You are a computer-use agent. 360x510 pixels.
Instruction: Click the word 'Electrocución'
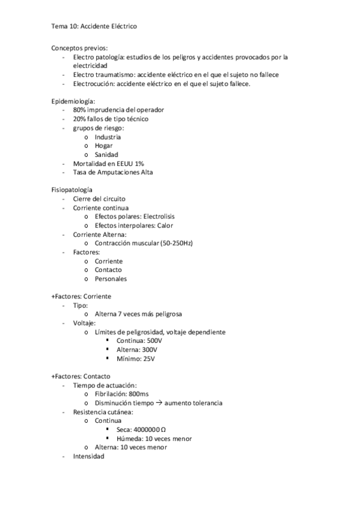[x=93, y=84]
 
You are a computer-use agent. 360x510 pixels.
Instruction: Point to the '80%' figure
[x=79, y=110]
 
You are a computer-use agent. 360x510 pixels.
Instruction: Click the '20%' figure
[x=79, y=119]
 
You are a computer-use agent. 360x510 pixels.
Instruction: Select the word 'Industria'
[x=108, y=137]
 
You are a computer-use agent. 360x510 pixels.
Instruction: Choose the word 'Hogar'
[x=104, y=146]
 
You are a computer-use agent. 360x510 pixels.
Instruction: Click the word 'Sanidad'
[x=106, y=155]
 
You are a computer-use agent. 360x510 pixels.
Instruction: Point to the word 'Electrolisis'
[x=156, y=217]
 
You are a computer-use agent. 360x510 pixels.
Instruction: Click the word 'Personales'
[x=111, y=278]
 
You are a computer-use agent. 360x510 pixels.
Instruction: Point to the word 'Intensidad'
[x=88, y=456]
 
